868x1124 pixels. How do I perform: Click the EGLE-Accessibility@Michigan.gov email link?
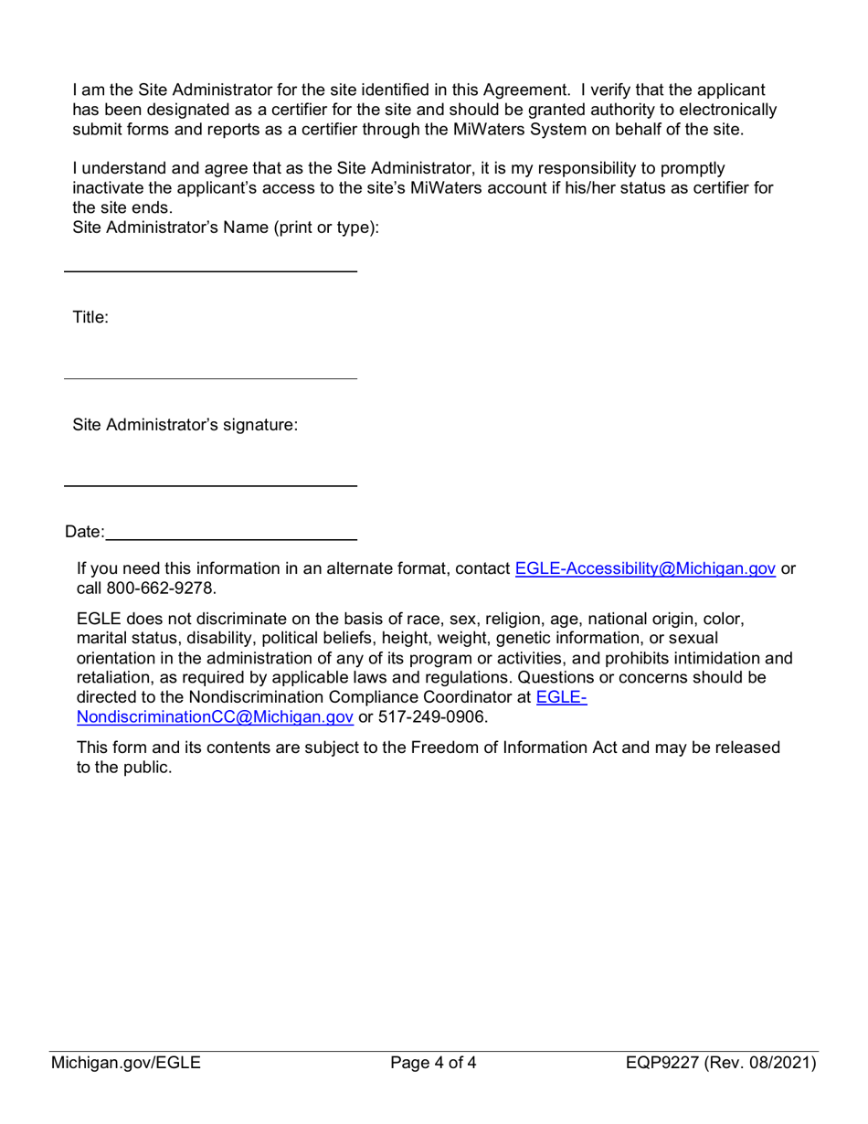point(645,568)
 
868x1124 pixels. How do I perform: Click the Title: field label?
point(90,318)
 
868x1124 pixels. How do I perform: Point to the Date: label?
point(84,532)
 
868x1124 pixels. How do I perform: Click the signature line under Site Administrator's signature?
point(210,485)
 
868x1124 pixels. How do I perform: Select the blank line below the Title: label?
point(210,378)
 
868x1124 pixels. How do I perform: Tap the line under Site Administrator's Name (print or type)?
point(210,271)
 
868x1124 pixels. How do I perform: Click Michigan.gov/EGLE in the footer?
point(126,1063)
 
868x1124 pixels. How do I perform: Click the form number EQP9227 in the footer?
point(662,1063)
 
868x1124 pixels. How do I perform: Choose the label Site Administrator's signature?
point(185,425)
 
